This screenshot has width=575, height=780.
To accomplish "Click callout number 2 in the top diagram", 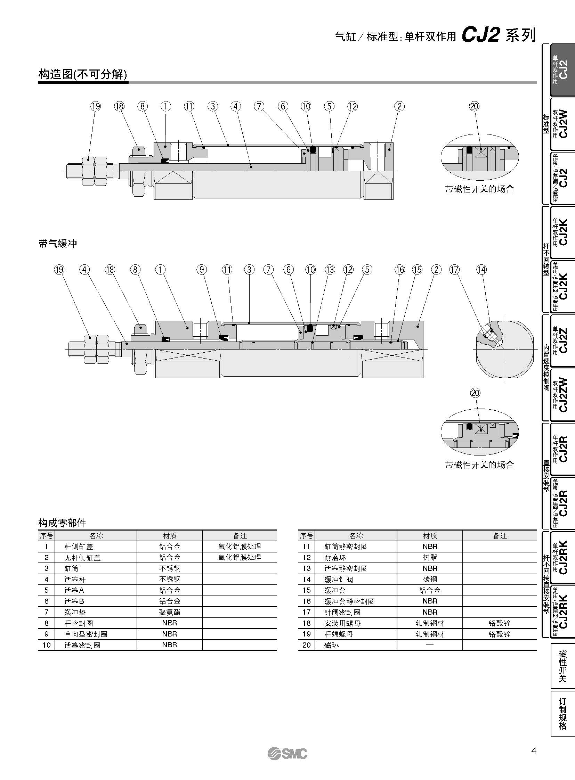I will click(399, 106).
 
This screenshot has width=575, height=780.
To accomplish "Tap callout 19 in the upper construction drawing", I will click(95, 106).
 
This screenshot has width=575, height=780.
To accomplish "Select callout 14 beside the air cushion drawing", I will click(481, 270).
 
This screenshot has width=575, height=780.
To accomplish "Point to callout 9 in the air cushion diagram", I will click(201, 270).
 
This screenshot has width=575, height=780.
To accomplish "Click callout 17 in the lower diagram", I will click(454, 270).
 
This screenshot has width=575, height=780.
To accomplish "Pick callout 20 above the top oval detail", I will click(475, 106).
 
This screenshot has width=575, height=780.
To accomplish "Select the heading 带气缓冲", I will click(58, 244).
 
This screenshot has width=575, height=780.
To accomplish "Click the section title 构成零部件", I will click(62, 523).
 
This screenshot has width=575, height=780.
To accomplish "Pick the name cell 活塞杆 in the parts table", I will click(75, 579).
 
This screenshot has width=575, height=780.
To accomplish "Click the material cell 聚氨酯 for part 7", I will click(170, 612).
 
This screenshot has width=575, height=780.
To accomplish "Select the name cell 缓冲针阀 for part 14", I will click(338, 579).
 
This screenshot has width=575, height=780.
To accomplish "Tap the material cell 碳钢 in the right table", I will click(429, 579).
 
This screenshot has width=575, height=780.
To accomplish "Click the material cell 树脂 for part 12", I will click(429, 557).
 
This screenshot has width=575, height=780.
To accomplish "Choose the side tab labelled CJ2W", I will click(562, 124).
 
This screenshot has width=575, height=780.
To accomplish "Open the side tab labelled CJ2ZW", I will click(562, 395).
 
